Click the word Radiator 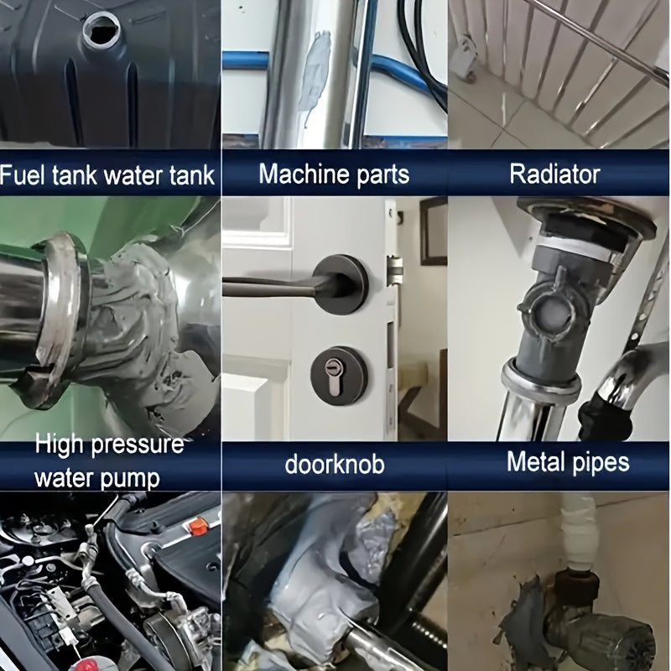554,174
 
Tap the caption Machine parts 334,174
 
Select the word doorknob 335,464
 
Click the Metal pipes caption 567,461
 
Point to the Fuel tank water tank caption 107,175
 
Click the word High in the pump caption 64,445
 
